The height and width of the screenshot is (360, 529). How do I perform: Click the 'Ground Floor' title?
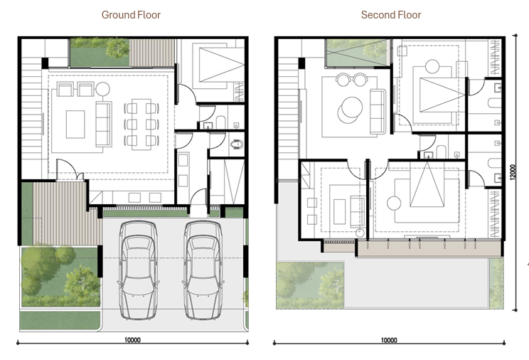[x=131, y=15]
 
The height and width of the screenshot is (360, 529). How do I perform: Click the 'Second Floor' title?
[x=391, y=15]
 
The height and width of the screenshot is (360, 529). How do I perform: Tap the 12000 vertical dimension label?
[x=513, y=172]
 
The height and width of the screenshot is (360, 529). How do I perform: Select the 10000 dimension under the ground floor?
[x=132, y=340]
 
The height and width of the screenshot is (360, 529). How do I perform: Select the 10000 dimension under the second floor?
[x=389, y=340]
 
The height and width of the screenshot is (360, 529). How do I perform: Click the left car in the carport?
[x=138, y=270]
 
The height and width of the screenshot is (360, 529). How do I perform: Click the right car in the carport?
[x=203, y=270]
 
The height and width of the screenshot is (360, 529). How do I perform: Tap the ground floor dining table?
[x=141, y=124]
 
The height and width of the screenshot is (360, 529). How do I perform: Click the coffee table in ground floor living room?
[x=75, y=125]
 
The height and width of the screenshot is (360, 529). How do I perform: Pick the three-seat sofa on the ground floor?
[x=104, y=124]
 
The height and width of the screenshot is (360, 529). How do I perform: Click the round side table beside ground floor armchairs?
[x=102, y=90]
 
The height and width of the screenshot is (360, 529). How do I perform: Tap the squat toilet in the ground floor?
[x=237, y=144]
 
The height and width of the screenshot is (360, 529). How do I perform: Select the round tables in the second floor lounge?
[x=351, y=110]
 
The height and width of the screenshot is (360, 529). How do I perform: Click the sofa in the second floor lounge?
[x=378, y=112]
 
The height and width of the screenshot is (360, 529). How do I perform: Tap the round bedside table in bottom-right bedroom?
[x=394, y=203]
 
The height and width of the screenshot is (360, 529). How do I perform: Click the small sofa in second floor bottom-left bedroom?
[x=357, y=211]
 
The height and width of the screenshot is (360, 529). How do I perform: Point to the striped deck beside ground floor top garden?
[x=152, y=53]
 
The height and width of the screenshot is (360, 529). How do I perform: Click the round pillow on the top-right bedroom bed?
[x=432, y=67]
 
